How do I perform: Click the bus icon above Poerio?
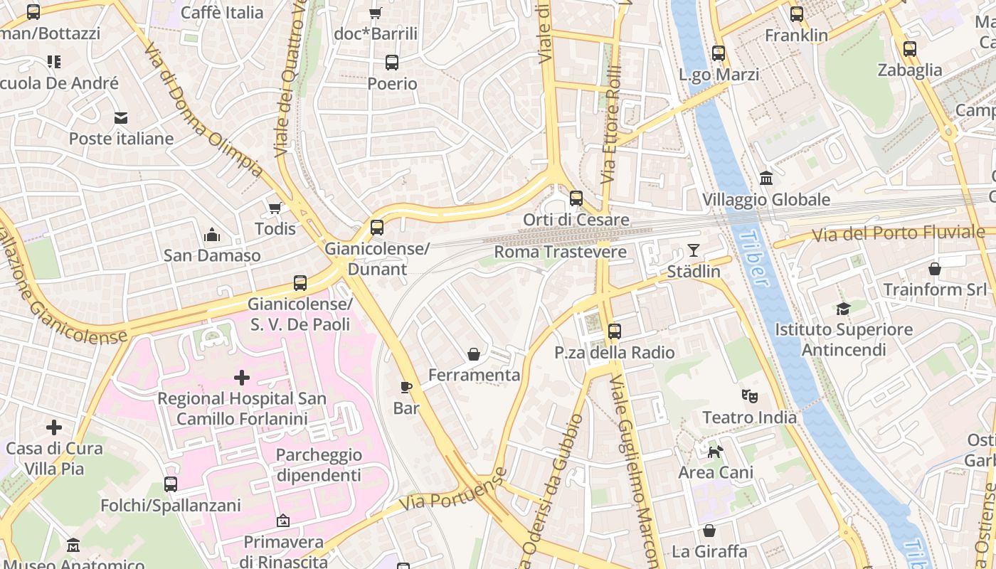(x=392, y=63)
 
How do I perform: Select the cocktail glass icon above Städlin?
(x=694, y=250)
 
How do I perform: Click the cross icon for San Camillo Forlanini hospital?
(x=242, y=377)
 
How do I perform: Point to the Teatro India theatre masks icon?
(x=749, y=395)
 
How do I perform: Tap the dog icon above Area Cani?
(x=716, y=451)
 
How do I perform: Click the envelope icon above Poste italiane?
(x=121, y=117)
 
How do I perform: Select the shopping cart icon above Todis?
(x=275, y=208)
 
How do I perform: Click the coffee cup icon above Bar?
(x=406, y=387)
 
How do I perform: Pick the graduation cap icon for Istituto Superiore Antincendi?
(x=843, y=309)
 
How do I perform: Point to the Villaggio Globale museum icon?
(x=766, y=178)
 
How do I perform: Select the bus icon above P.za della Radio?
(x=615, y=331)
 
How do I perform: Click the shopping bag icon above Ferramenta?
(x=474, y=353)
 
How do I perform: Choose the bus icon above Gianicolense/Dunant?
(x=377, y=228)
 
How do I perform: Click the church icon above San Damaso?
(x=212, y=234)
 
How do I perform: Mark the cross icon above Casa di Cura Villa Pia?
(x=54, y=427)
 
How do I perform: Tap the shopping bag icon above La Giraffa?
(x=709, y=531)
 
